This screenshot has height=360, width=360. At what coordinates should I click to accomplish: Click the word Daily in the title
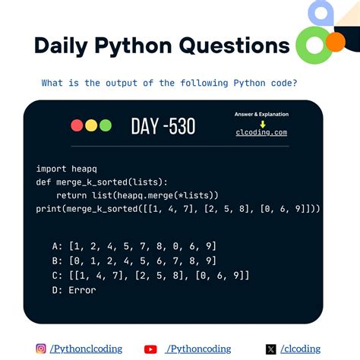click(63, 46)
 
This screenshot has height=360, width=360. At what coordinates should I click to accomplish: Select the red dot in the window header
click(77, 125)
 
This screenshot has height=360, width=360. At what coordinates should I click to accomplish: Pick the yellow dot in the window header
click(91, 125)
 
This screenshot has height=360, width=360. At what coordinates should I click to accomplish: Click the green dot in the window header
click(106, 125)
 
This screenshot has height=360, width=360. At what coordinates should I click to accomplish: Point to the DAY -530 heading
click(163, 125)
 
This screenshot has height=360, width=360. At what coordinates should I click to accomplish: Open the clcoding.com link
click(261, 132)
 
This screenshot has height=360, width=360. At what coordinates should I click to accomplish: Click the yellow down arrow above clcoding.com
click(262, 123)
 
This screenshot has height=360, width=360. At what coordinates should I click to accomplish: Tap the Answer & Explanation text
click(261, 115)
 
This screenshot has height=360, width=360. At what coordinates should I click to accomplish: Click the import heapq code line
click(62, 169)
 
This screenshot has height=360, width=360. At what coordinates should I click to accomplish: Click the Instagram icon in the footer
click(41, 349)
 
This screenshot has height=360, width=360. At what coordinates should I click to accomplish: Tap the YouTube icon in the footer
click(150, 349)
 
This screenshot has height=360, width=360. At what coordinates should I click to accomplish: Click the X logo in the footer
click(271, 349)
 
